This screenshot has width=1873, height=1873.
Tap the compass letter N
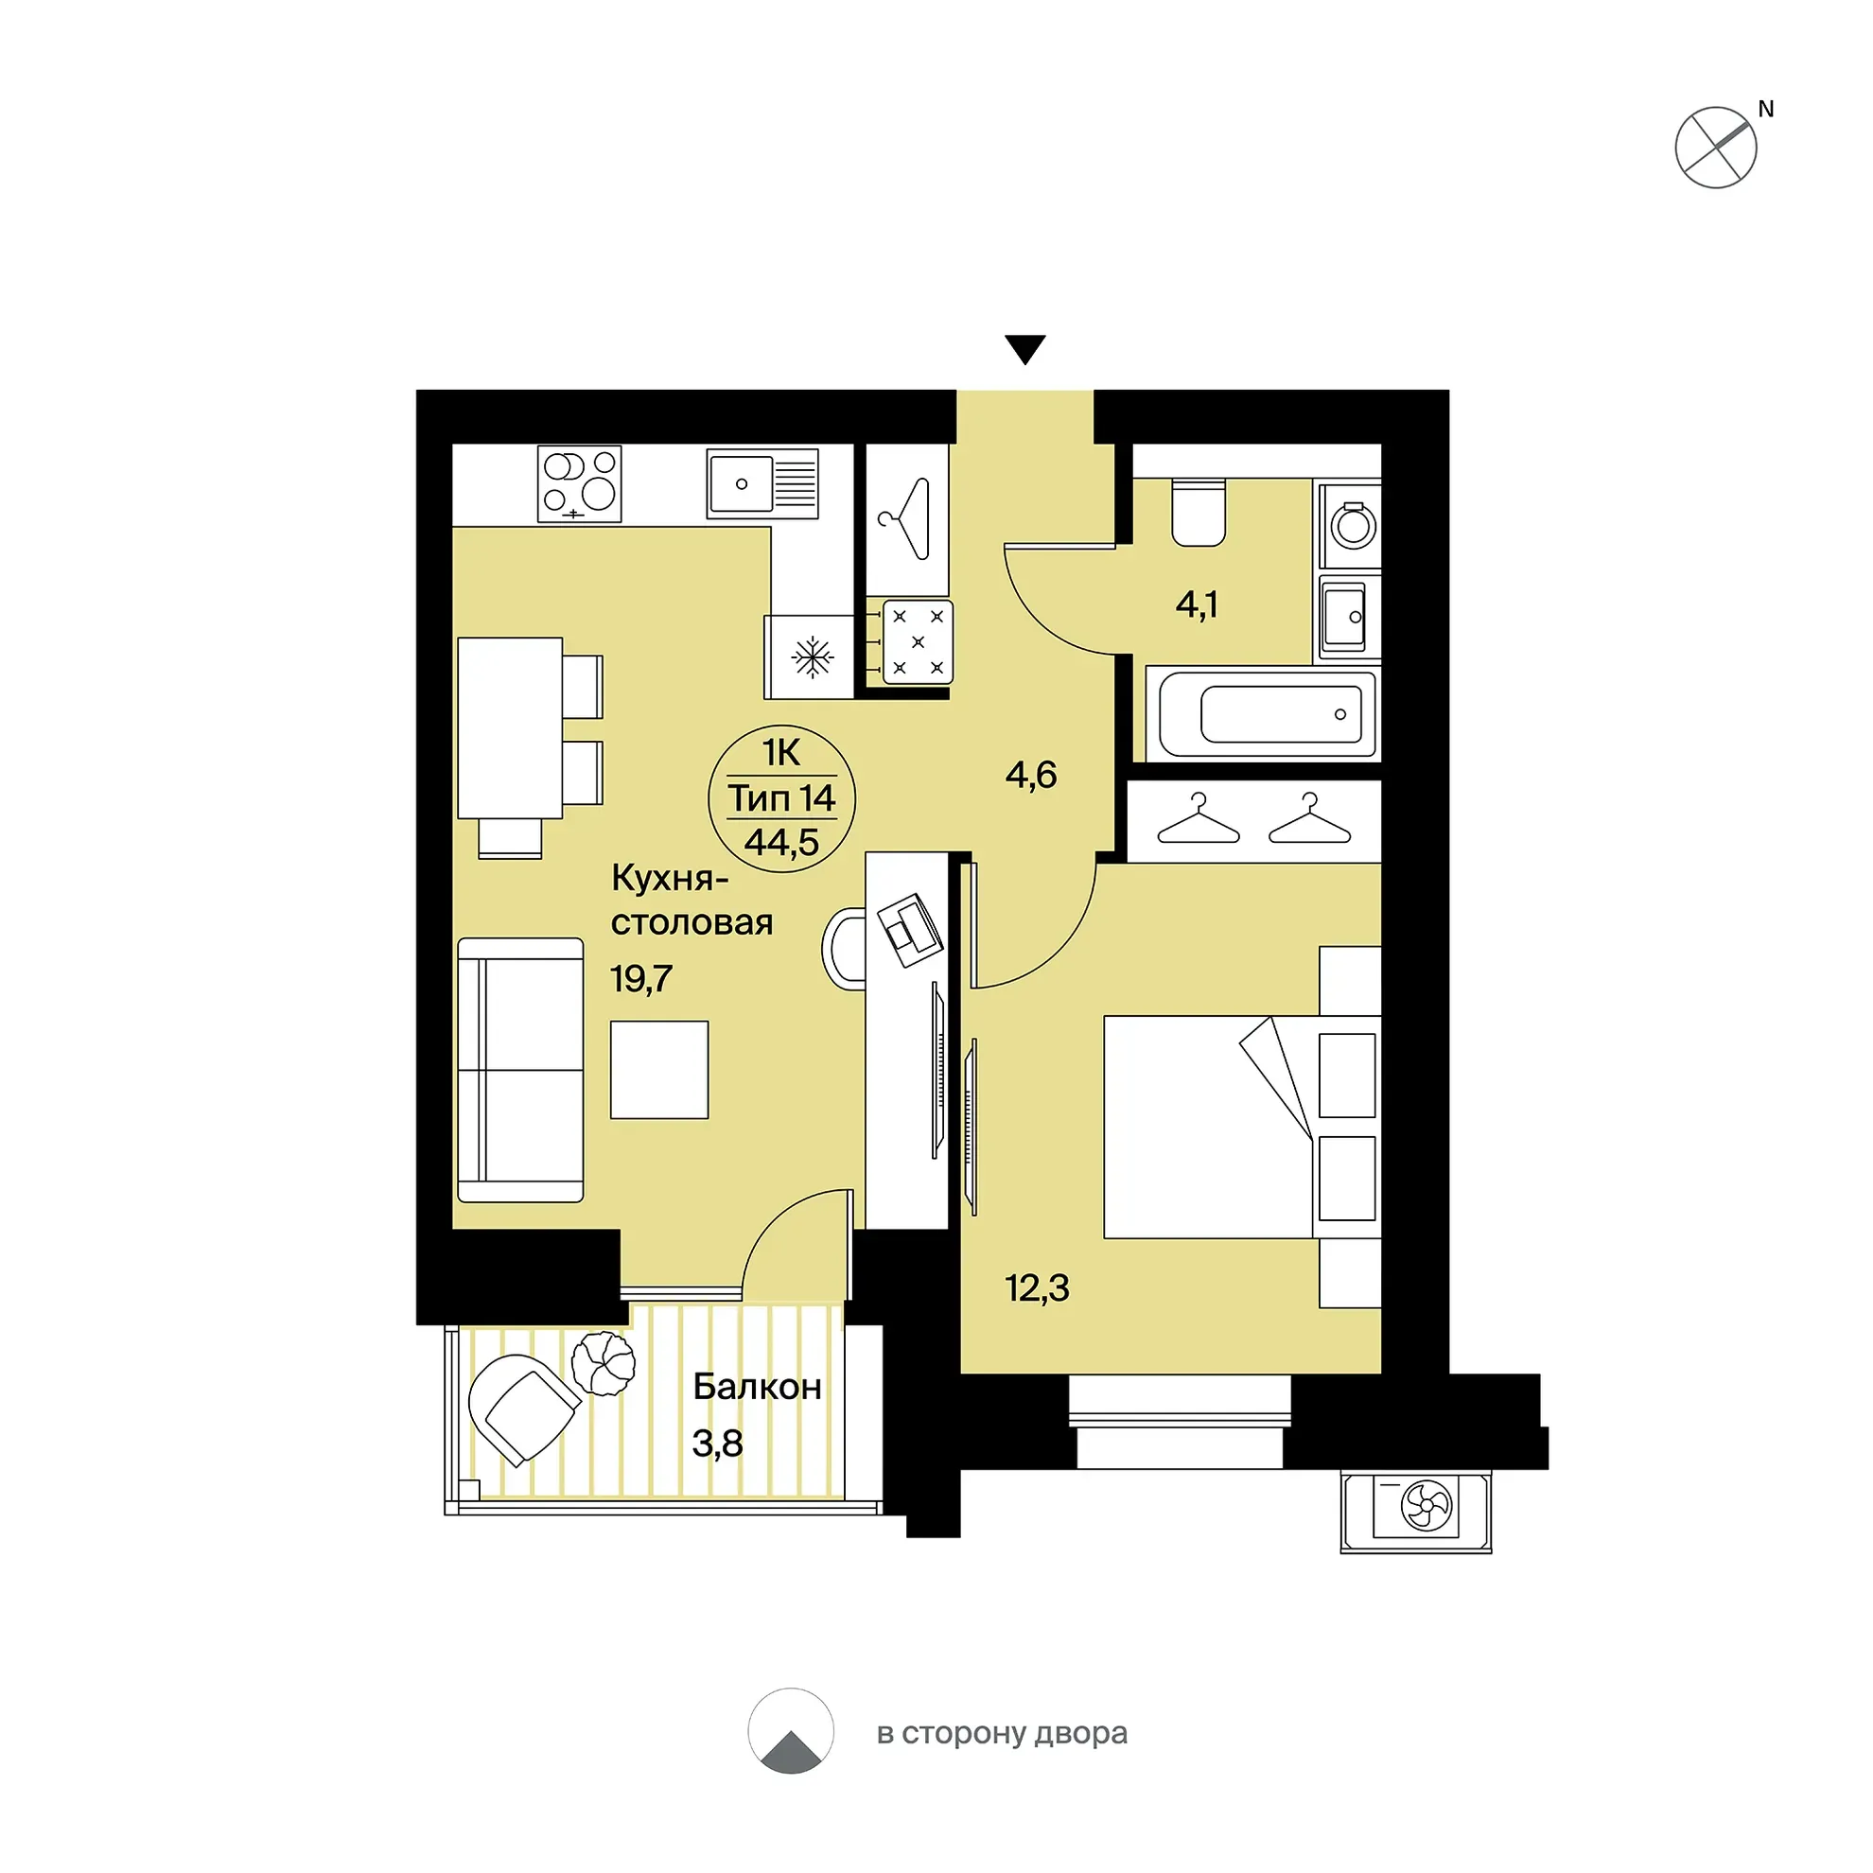click(x=1765, y=110)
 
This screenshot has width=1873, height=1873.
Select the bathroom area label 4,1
click(x=1197, y=605)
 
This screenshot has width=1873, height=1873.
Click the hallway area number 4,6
click(x=1030, y=775)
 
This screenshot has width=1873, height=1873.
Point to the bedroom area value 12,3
click(x=1038, y=1287)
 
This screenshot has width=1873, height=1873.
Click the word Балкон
click(x=757, y=1388)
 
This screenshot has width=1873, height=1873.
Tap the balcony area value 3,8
click(x=717, y=1444)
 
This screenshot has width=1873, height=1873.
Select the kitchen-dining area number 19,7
click(x=640, y=979)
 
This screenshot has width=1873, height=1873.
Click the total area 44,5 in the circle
click(x=781, y=843)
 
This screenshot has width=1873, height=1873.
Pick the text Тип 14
click(x=781, y=797)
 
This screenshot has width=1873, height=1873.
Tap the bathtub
click(x=1267, y=713)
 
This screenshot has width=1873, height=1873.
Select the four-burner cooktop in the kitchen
click(x=580, y=483)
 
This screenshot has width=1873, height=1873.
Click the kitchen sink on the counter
click(x=762, y=482)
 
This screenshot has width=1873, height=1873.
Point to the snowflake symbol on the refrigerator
click(x=813, y=657)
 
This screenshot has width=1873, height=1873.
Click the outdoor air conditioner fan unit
click(x=1416, y=1512)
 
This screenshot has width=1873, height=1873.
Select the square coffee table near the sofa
click(x=659, y=1069)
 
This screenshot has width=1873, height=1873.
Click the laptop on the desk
click(x=910, y=930)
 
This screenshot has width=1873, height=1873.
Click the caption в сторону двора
click(x=1002, y=1732)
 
